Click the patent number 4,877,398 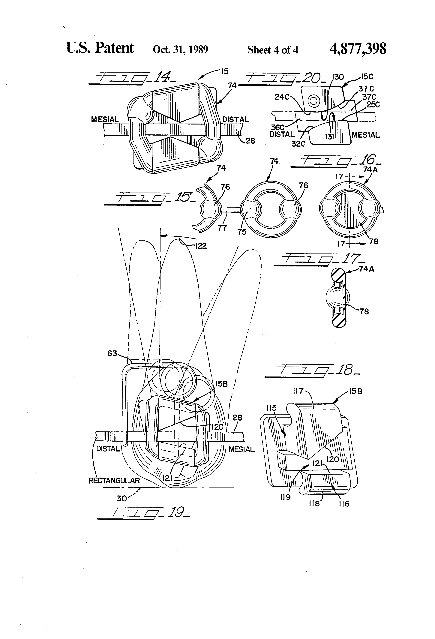(x=358, y=49)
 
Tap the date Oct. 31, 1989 (x=180, y=49)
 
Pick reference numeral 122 (x=201, y=246)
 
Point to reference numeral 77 (x=222, y=228)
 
